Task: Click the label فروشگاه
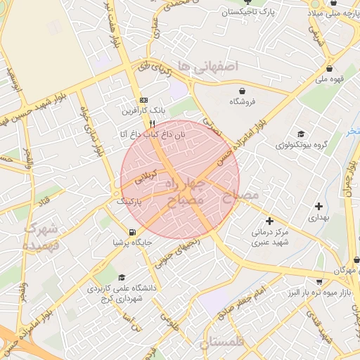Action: (x=243, y=102)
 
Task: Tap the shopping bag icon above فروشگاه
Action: (x=243, y=91)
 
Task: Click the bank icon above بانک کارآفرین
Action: (x=144, y=100)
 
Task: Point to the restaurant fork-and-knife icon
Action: (x=152, y=122)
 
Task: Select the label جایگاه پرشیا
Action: (x=132, y=243)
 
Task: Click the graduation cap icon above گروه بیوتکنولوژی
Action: (x=302, y=134)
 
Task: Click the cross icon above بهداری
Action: (x=320, y=207)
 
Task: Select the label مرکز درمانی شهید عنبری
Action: (x=270, y=238)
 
